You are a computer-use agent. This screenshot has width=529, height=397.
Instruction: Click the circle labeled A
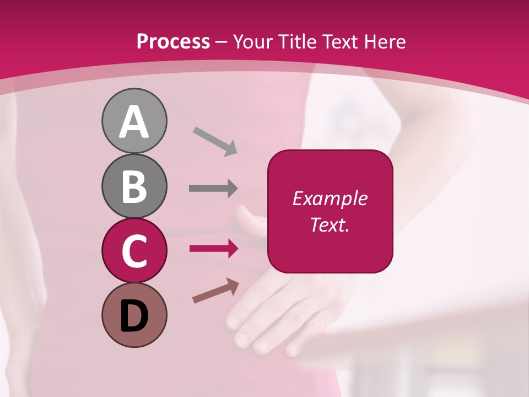pyautogui.click(x=134, y=121)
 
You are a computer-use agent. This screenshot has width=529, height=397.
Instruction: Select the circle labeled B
pyautogui.click(x=134, y=186)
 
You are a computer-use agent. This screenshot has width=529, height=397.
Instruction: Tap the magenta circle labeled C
pyautogui.click(x=134, y=250)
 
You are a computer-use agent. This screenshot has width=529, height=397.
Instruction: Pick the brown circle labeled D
pyautogui.click(x=134, y=315)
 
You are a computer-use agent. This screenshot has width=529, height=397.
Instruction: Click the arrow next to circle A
pyautogui.click(x=215, y=141)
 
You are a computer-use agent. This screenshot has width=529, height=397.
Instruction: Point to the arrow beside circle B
pyautogui.click(x=213, y=189)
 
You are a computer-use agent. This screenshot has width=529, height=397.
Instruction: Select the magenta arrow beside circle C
pyautogui.click(x=214, y=249)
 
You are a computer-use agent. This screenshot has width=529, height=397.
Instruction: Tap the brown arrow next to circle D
pyautogui.click(x=215, y=291)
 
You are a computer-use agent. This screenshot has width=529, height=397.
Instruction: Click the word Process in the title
pyautogui.click(x=173, y=41)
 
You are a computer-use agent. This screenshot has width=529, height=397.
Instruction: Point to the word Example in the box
pyautogui.click(x=330, y=198)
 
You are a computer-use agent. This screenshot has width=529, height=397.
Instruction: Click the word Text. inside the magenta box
pyautogui.click(x=330, y=224)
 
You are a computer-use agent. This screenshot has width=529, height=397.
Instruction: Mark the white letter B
pyautogui.click(x=134, y=186)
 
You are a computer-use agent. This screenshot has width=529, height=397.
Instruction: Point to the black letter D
pyautogui.click(x=134, y=316)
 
